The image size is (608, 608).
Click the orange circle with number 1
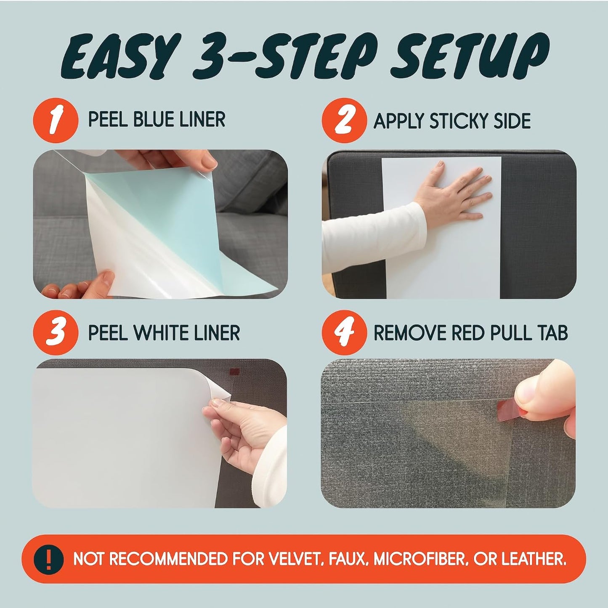tap(56, 121)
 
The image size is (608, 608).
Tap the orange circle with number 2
tap(344, 121)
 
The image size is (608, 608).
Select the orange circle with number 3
tap(56, 333)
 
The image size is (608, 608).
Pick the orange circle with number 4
tap(344, 333)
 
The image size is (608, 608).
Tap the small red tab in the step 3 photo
tap(234, 372)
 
